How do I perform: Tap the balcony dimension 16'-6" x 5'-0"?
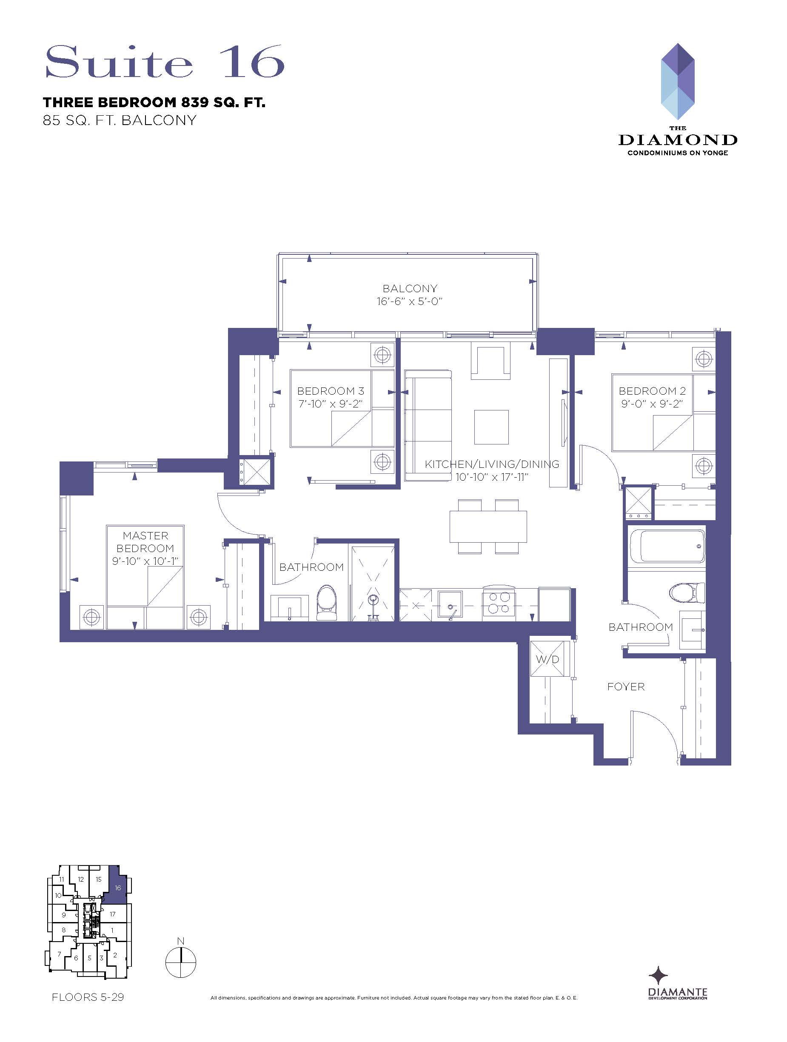tap(410, 302)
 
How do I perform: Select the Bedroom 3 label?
tap(331, 391)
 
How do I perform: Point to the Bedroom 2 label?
tap(652, 391)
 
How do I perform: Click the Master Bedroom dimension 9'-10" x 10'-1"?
tap(145, 561)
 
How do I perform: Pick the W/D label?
tap(547, 660)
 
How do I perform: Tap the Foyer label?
tap(626, 687)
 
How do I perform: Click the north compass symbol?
tap(180, 962)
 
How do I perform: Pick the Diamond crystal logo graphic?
tap(678, 82)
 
